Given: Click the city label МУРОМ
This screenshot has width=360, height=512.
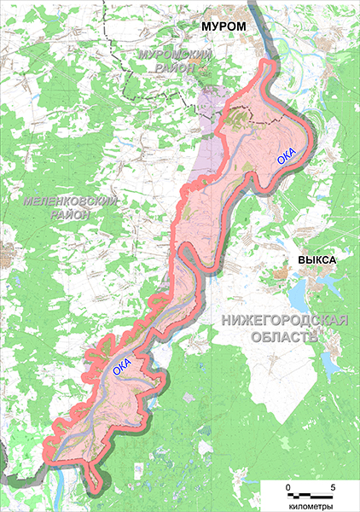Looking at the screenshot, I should tap(223, 29).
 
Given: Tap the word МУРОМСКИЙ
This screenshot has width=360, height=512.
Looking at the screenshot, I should tap(174, 55).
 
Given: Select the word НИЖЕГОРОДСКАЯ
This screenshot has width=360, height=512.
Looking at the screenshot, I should tap(283, 320).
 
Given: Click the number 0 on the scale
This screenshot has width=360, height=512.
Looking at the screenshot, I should tap(288, 486).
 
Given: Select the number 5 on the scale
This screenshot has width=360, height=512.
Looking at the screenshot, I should tap(332, 486).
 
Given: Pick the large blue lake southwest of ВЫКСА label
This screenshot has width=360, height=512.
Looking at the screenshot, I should tap(296, 299).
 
